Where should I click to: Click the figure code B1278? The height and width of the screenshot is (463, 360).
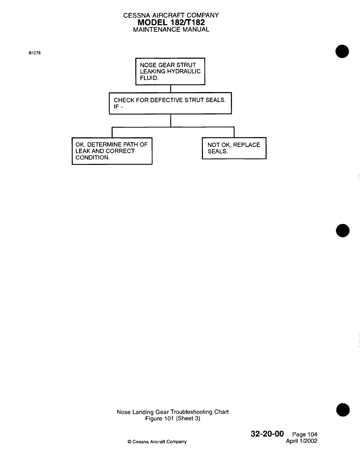point(34,54)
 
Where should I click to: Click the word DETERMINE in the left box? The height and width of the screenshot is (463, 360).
point(104,144)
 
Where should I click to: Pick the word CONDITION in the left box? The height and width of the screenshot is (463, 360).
point(92,158)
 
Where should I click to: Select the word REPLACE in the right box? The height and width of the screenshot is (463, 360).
point(246,145)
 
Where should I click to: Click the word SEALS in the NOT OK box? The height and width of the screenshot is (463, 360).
point(217,151)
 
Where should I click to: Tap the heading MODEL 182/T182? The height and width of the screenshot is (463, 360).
point(171,22)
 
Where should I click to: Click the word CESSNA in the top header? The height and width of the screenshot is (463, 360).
point(135,15)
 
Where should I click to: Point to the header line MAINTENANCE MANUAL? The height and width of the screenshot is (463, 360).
point(171,29)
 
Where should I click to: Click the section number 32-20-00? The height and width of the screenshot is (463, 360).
point(267,434)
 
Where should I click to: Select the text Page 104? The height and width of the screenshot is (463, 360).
point(305,435)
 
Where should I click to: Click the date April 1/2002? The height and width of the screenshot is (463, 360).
point(301,441)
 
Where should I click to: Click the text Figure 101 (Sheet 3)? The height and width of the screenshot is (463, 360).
point(173,419)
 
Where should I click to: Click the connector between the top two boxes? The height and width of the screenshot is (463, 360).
point(171,89)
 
